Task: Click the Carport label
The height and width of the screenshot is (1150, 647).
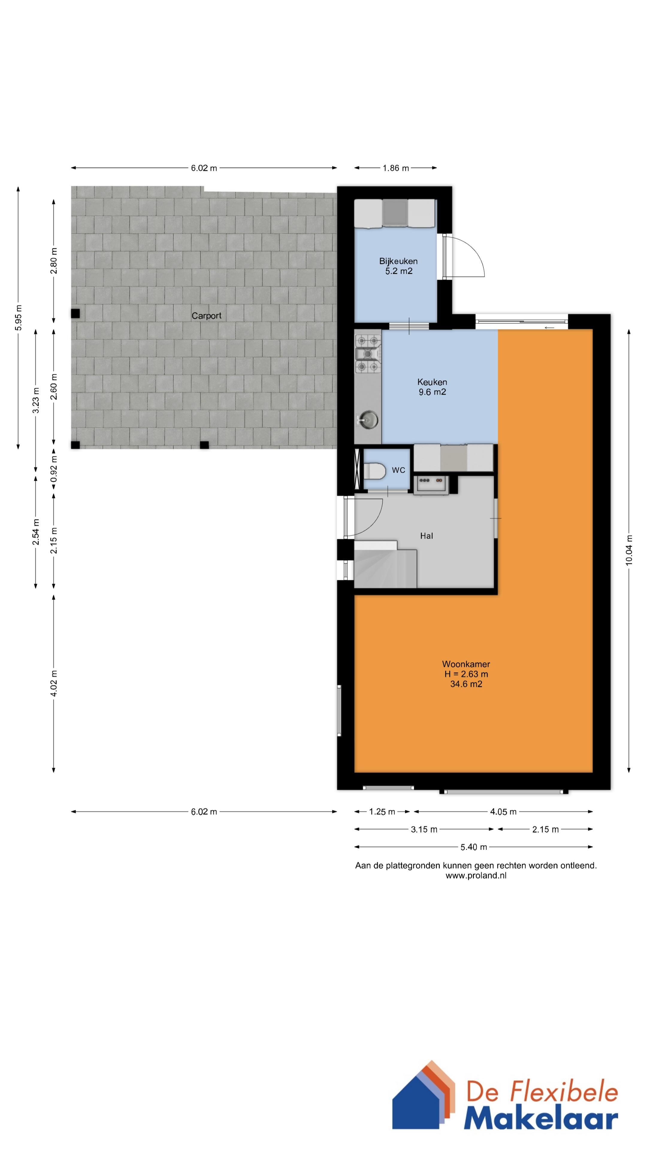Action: coord(206,316)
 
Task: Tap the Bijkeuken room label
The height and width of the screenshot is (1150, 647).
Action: coord(398,266)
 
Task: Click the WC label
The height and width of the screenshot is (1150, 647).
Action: coord(398,470)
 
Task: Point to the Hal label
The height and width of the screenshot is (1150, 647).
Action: coord(427,536)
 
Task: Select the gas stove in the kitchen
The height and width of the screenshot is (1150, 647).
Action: coord(368,354)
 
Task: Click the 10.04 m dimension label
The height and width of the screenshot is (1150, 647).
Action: coord(629,550)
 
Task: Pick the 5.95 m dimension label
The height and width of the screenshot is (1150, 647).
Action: coord(18,318)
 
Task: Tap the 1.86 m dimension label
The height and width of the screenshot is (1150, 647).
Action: coord(396,168)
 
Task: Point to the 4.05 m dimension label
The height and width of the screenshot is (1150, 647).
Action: coord(503,812)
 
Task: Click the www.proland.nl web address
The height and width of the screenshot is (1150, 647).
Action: coord(476,875)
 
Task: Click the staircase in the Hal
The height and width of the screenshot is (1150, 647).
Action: coord(385,564)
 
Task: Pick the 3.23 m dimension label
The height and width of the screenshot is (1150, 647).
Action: coord(36,400)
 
